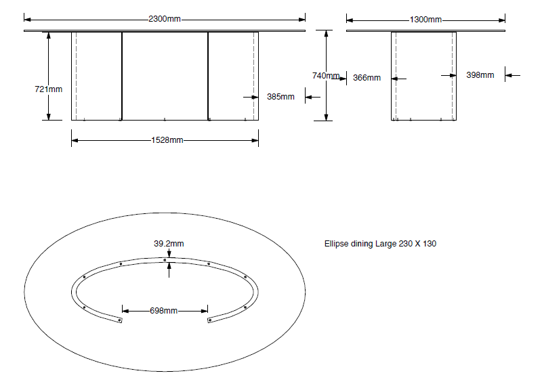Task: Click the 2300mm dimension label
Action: coord(165,19)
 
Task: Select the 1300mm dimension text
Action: coord(425,20)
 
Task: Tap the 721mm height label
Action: coord(48,89)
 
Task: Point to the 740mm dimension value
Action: coord(326,76)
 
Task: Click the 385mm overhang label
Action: coord(280,97)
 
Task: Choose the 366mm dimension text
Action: coord(367,78)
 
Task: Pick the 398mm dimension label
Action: coord(480,75)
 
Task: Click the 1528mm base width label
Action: coord(167,140)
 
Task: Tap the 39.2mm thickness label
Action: coord(169,244)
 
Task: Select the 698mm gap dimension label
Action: coord(164,311)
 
